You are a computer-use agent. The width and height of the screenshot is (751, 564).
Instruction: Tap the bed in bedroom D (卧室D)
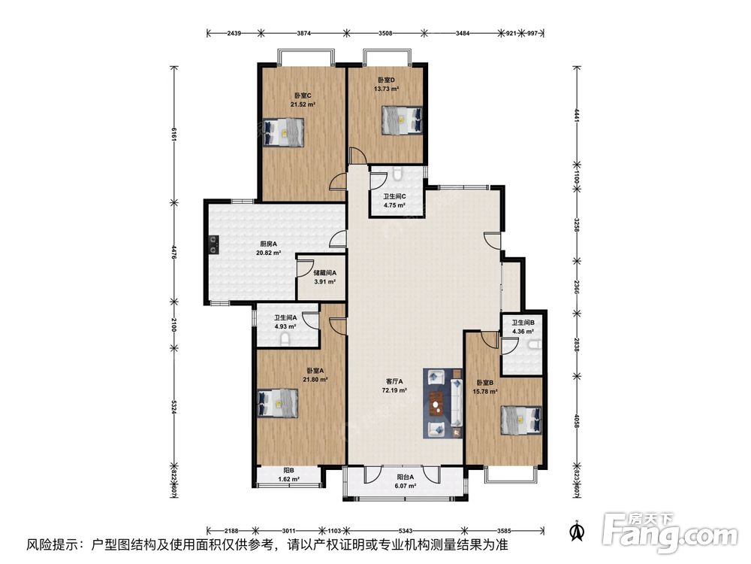pyautogui.click(x=402, y=120)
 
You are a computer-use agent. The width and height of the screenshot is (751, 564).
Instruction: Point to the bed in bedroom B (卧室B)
pyautogui.click(x=521, y=420)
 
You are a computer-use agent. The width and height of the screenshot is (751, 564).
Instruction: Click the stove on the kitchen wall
pyautogui.click(x=213, y=245)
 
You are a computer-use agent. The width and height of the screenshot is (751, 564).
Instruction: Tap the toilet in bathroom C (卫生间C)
pyautogui.click(x=397, y=174)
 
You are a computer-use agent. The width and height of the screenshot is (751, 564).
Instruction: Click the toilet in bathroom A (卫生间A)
pyautogui.click(x=285, y=340)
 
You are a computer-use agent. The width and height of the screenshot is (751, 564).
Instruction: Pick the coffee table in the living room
pyautogui.click(x=436, y=403)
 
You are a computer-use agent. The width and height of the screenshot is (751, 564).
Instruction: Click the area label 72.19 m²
pyautogui.click(x=394, y=390)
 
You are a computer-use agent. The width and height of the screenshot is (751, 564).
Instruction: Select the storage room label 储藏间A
pyautogui.click(x=324, y=273)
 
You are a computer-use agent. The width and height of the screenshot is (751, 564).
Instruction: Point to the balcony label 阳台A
pyautogui.click(x=406, y=478)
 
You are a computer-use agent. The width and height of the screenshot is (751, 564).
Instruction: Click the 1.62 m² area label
pyautogui.click(x=289, y=479)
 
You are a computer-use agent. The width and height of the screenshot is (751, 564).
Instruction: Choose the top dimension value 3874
pyautogui.click(x=304, y=33)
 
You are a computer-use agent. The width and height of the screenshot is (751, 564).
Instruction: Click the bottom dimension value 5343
pyautogui.click(x=406, y=531)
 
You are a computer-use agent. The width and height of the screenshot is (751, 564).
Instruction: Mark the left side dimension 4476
pyautogui.click(x=173, y=251)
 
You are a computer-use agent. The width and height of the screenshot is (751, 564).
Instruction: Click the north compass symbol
pyautogui.click(x=577, y=530)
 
